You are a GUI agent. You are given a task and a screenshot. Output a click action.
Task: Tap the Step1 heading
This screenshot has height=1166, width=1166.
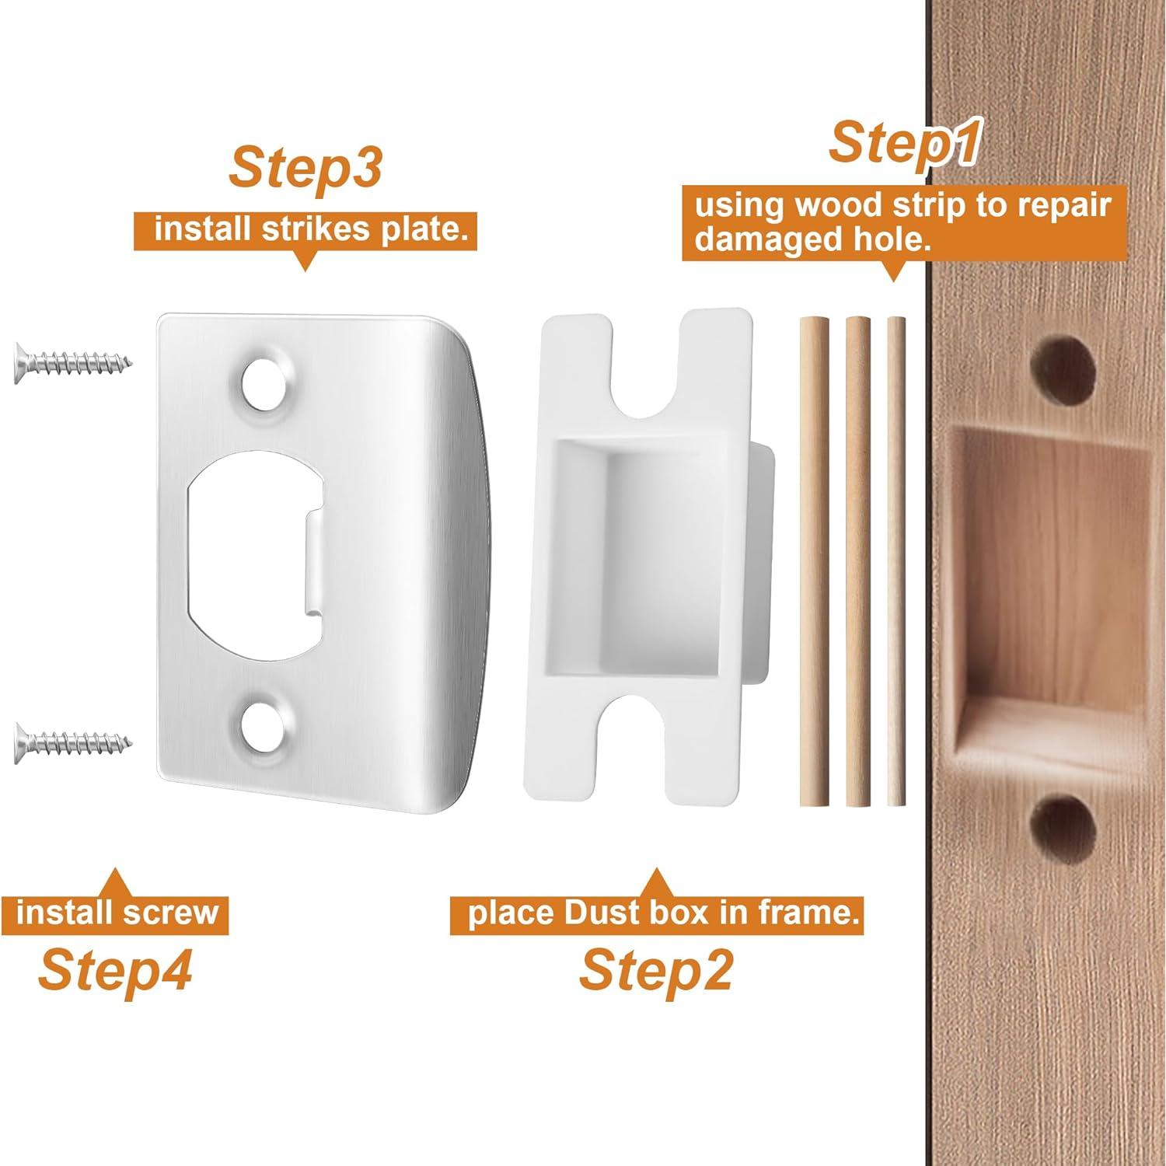(901, 142)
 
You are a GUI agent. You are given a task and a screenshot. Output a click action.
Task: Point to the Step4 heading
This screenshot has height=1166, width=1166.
(114, 969)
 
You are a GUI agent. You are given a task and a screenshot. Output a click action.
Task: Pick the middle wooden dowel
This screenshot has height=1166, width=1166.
(857, 560)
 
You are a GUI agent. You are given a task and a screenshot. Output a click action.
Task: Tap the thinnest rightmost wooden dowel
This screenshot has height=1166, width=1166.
(897, 560)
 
